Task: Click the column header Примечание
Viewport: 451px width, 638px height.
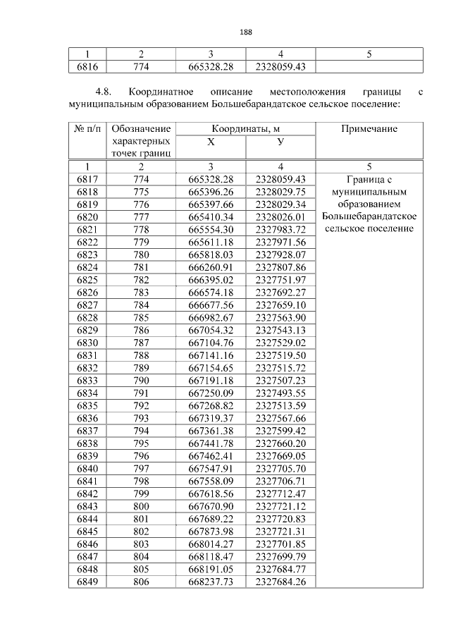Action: click(369, 128)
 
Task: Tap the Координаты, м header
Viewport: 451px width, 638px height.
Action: click(245, 128)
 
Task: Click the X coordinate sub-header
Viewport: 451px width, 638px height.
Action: click(211, 142)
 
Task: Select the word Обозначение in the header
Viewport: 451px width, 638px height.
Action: click(141, 128)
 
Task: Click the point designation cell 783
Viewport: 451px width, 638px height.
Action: click(141, 293)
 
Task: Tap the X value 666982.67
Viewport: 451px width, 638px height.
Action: click(211, 318)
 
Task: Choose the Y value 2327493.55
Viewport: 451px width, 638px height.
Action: click(280, 393)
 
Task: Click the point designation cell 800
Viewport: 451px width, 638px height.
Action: click(141, 506)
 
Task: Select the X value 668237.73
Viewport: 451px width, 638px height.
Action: click(211, 582)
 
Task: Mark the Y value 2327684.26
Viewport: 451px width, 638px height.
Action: click(280, 582)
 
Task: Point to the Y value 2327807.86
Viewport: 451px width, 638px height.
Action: click(280, 267)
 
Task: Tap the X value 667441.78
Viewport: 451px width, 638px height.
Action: click(211, 443)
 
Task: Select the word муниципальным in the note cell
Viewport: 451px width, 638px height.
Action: click(370, 192)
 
